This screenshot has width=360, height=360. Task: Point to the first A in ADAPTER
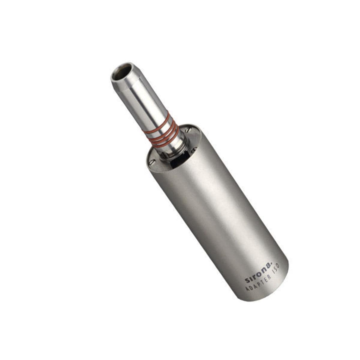click(x=248, y=289)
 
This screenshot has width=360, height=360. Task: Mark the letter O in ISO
click(x=278, y=266)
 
